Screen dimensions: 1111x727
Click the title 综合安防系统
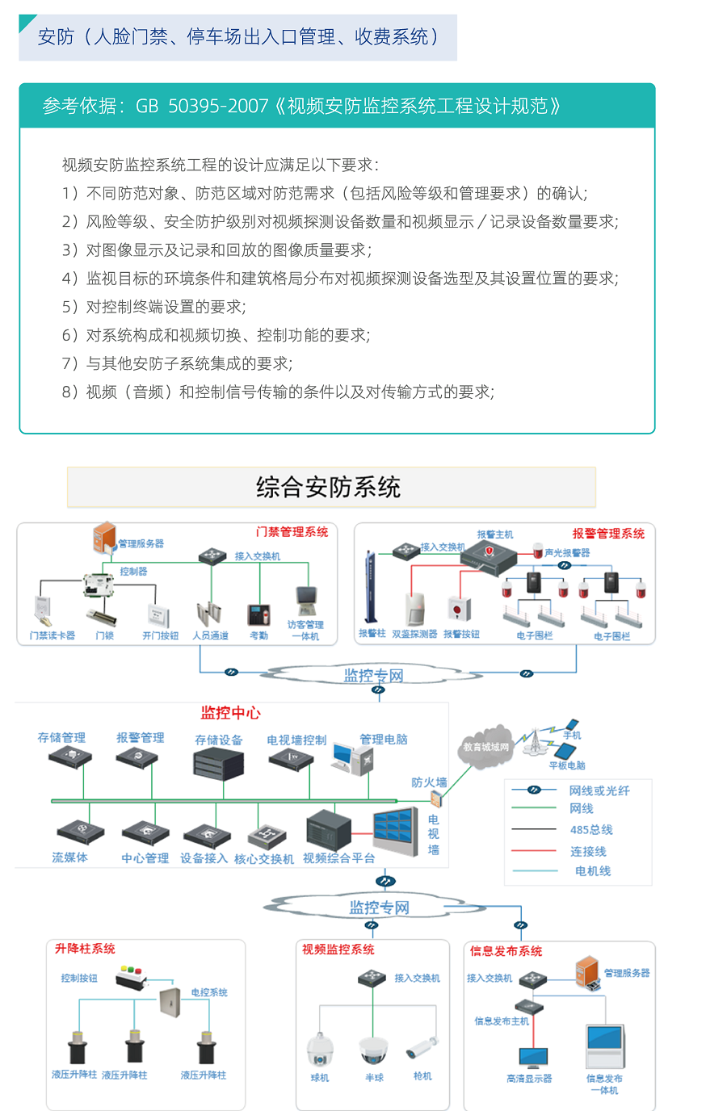(x=328, y=487)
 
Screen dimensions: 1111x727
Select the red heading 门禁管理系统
(x=292, y=532)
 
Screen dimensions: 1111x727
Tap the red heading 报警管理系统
(x=608, y=534)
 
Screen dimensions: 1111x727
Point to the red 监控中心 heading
(x=230, y=713)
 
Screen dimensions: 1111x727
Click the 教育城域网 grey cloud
(x=485, y=747)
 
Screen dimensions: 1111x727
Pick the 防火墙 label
(x=428, y=782)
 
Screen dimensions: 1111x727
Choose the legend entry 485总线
(x=591, y=830)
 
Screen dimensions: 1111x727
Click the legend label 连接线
(x=588, y=852)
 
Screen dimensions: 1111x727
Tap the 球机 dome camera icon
(x=320, y=1049)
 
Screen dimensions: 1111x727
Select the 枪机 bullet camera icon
(x=422, y=1047)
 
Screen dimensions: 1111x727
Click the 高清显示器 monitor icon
(x=533, y=1058)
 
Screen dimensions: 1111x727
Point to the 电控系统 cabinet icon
(x=170, y=1002)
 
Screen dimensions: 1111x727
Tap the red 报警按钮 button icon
(x=459, y=609)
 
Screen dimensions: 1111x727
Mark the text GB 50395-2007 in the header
(x=202, y=107)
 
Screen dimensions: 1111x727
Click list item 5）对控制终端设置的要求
(x=153, y=307)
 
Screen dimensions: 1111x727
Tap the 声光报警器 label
(x=567, y=553)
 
